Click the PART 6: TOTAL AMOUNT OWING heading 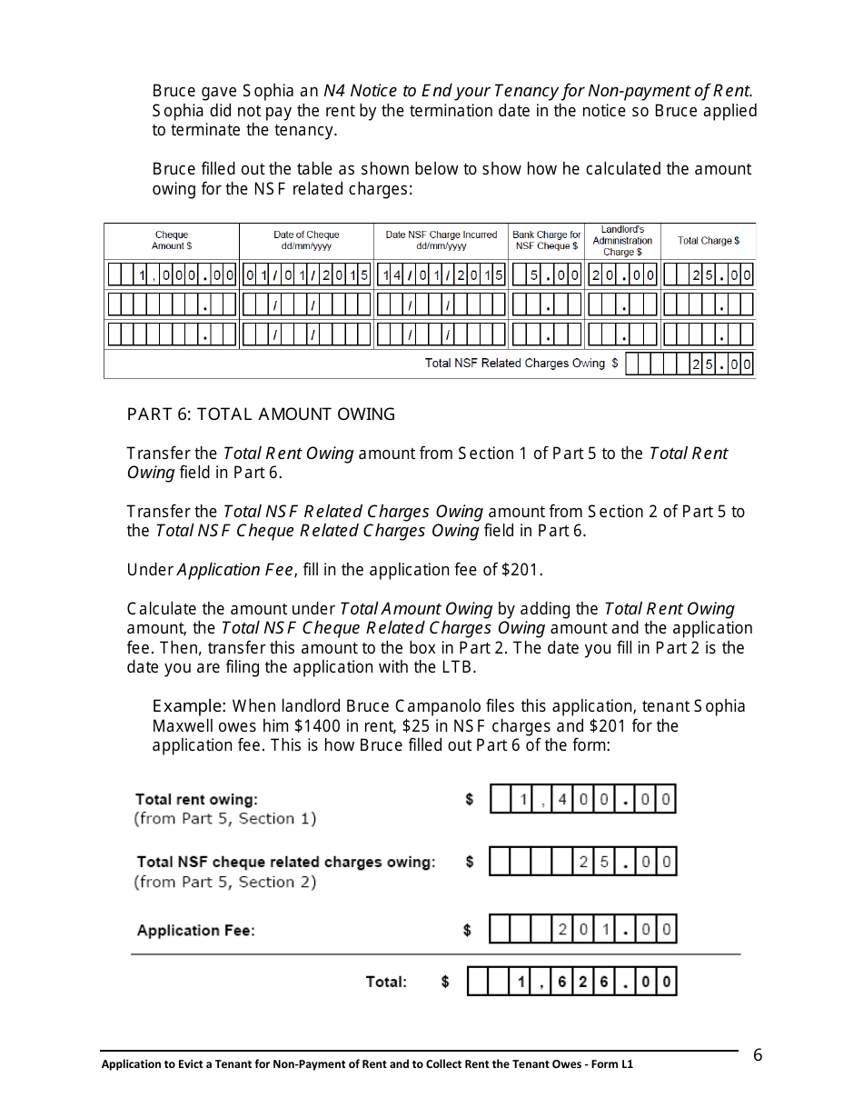(x=261, y=414)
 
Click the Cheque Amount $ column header (x=172, y=241)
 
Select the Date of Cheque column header (x=306, y=241)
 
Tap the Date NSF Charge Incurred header (x=441, y=241)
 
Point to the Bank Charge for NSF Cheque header (x=547, y=241)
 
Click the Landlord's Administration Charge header (x=622, y=241)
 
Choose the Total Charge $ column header (x=709, y=241)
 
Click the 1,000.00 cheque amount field (x=172, y=275)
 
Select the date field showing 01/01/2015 (x=306, y=275)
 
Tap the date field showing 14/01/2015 (x=441, y=275)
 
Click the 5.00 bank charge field (x=547, y=275)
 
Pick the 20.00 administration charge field (x=622, y=275)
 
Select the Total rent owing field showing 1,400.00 (x=582, y=800)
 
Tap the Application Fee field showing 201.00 (x=582, y=929)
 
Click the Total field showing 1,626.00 (x=571, y=982)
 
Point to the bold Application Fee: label (x=195, y=931)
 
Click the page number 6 (x=758, y=1055)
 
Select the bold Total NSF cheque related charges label (x=285, y=862)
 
